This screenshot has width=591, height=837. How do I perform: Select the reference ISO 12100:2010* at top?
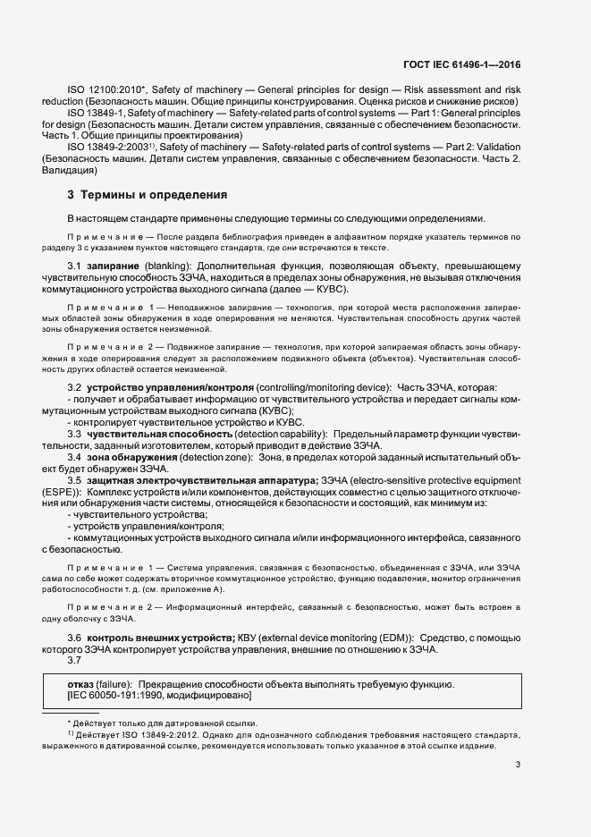pyautogui.click(x=102, y=90)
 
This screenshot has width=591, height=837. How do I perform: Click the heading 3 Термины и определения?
pyautogui.click(x=141, y=194)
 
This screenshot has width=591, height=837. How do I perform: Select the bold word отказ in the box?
pyautogui.click(x=81, y=684)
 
